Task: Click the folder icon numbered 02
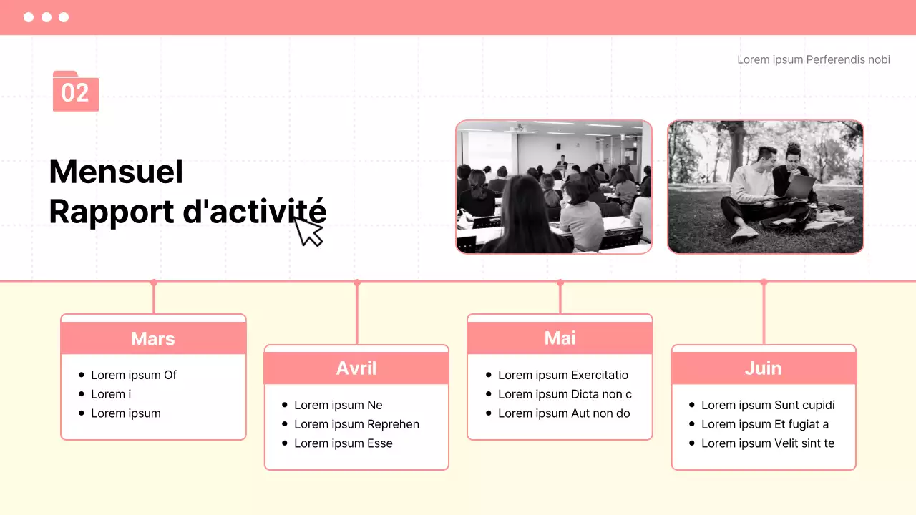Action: pos(76,91)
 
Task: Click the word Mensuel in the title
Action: pos(116,171)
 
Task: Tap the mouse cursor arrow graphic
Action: pos(308,231)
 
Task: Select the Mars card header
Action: pos(153,338)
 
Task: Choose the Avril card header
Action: pos(356,368)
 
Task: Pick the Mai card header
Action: pos(560,338)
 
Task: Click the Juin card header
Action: pos(764,368)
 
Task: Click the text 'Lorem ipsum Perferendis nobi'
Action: pos(814,59)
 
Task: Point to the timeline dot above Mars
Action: pos(154,283)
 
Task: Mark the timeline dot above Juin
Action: pos(764,282)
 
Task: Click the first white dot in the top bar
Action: pos(29,17)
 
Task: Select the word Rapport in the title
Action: pos(112,212)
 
